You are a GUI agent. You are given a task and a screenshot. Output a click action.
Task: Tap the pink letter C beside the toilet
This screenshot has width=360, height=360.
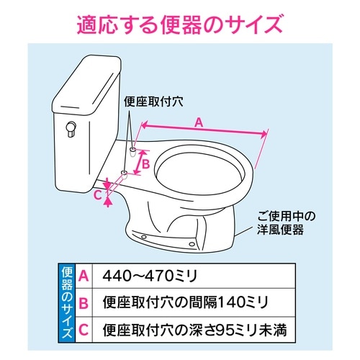(x=98, y=193)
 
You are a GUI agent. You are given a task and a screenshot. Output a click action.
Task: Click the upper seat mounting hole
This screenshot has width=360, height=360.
(x=134, y=150)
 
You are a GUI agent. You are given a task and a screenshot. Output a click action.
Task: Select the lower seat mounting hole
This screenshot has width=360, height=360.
(x=123, y=174)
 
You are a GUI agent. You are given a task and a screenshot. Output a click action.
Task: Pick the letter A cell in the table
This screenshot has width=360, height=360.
(x=85, y=276)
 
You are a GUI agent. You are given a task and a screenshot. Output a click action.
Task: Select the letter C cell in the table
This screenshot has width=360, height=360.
(x=85, y=331)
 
